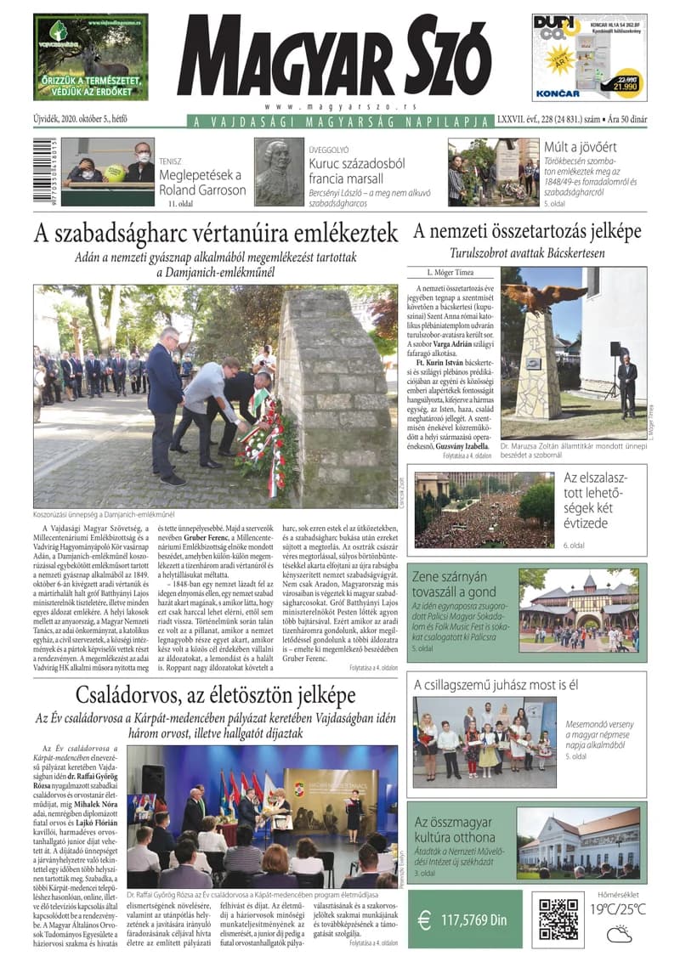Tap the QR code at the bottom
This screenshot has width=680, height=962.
pos(559,919)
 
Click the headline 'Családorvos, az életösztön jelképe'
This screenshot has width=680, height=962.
pos(216,695)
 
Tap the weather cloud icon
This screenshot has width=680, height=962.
pos(618,936)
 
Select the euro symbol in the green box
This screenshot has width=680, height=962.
pos(425,920)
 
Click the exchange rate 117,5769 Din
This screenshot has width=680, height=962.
pos(474,920)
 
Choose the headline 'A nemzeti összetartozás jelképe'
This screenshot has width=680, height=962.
pos(527,231)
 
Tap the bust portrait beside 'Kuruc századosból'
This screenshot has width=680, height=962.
pos(279,172)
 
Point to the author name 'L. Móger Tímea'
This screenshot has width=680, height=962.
pos(452,273)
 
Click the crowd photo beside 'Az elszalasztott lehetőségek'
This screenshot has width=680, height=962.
pos(484,510)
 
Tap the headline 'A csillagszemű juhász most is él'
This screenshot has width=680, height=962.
pos(496,684)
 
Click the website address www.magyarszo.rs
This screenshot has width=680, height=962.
pos(339,106)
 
